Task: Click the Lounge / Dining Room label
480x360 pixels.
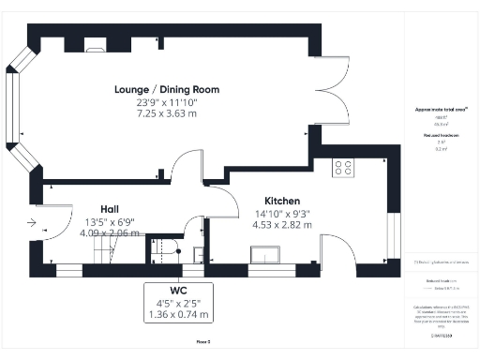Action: tap(167, 89)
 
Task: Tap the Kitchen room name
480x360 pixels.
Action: tap(281, 202)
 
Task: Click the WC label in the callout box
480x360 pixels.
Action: tap(177, 290)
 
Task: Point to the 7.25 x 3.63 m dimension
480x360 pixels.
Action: tap(167, 112)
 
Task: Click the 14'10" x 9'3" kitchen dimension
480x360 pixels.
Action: tap(281, 213)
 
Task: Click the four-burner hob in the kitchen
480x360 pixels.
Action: tap(344, 168)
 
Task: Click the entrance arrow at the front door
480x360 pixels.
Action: tap(34, 223)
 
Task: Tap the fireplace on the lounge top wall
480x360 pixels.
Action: tap(96, 43)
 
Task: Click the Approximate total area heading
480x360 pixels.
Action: tap(440, 110)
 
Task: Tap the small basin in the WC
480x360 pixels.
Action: tap(198, 253)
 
